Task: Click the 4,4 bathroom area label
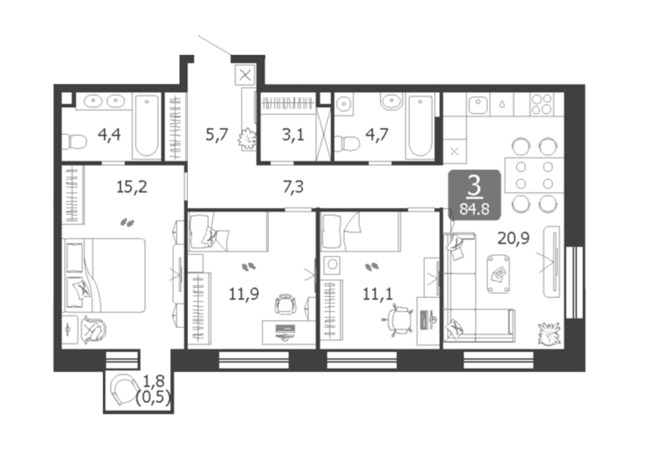pyautogui.click(x=109, y=134)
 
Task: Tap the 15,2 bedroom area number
pyautogui.click(x=132, y=186)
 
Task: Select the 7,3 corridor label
pyautogui.click(x=293, y=186)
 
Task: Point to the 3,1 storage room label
pyautogui.click(x=293, y=134)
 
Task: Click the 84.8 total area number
pyautogui.click(x=474, y=209)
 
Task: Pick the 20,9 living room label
pyautogui.click(x=514, y=238)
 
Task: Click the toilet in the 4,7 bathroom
pyautogui.click(x=347, y=143)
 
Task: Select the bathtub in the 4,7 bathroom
pyautogui.click(x=420, y=126)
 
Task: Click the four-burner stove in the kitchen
pyautogui.click(x=542, y=105)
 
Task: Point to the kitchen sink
pyautogui.click(x=478, y=105)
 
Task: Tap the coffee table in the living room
pyautogui.click(x=498, y=273)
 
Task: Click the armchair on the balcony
pyautogui.click(x=123, y=390)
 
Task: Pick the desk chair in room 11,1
pyautogui.click(x=398, y=319)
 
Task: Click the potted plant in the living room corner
pyautogui.click(x=549, y=333)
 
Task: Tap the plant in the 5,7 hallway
pyautogui.click(x=247, y=138)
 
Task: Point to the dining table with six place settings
pyautogui.click(x=534, y=175)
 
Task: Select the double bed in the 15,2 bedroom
pyautogui.click(x=104, y=275)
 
